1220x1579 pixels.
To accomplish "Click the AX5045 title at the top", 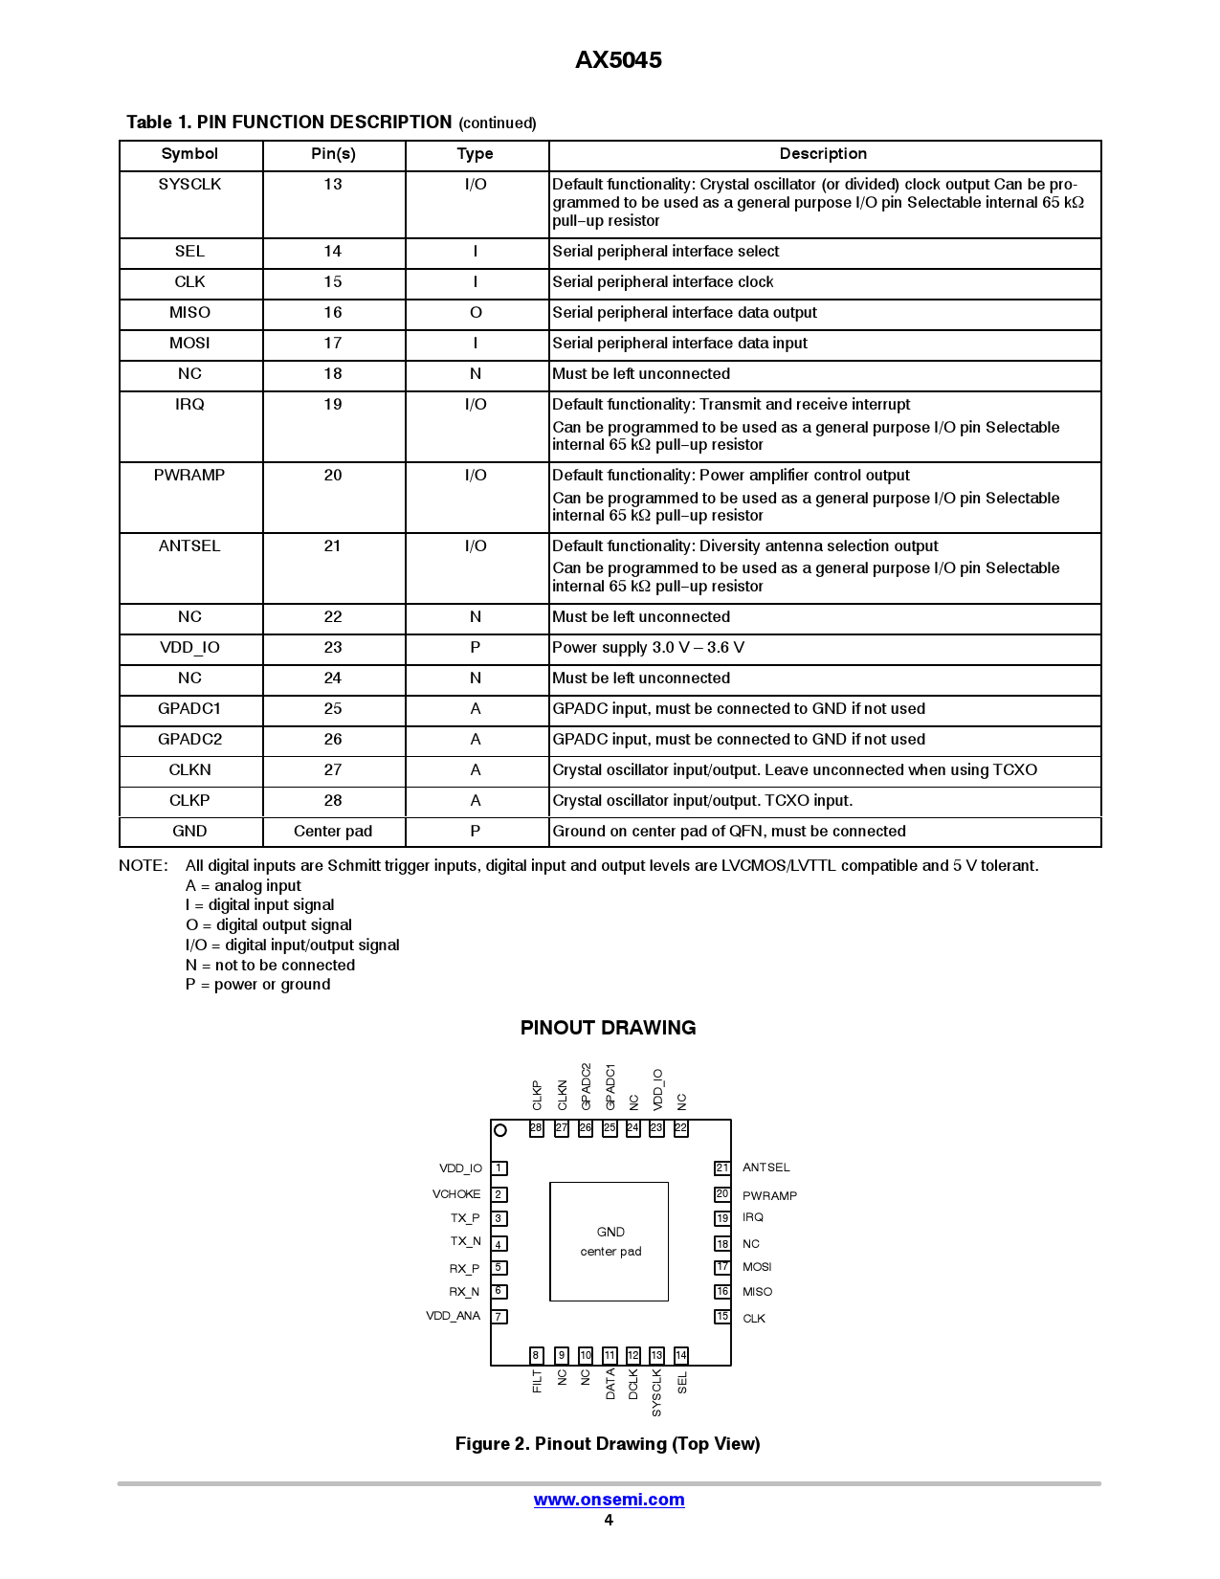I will point(618,60).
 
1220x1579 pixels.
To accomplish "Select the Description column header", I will point(823,154).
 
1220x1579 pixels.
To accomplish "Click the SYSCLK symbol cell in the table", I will point(189,184).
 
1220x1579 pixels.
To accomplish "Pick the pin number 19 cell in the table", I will point(333,405).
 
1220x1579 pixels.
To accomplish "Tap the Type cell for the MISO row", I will point(476,313).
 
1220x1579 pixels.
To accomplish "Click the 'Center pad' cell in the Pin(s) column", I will point(333,832).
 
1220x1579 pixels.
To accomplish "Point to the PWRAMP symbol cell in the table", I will point(189,476).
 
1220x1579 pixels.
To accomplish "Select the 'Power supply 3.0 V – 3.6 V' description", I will point(648,648).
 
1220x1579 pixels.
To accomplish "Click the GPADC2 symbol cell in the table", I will point(189,740).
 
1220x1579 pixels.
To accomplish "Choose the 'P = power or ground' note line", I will point(258,985).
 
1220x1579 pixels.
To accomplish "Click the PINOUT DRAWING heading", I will point(608,1028).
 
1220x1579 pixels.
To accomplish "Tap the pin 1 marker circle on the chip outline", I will point(499,1130).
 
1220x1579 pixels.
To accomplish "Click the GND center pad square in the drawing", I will point(610,1241).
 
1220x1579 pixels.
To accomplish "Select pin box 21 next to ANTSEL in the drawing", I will point(722,1168).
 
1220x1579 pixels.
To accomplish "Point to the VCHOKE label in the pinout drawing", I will point(456,1194).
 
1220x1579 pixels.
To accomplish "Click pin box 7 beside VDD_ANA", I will point(499,1317).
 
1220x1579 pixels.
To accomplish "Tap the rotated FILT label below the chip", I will point(537,1381).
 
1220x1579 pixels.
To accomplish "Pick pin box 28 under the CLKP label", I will point(537,1128).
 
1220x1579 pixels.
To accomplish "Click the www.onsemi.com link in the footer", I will point(609,1500).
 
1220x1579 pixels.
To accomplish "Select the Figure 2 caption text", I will point(608,1444).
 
